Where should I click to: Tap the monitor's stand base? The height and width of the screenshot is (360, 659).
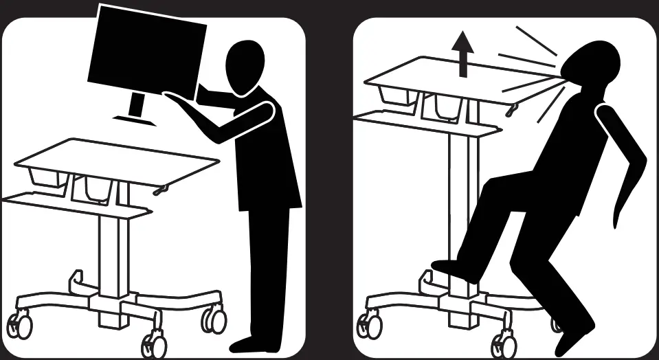135,119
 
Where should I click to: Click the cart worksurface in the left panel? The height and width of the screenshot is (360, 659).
117,159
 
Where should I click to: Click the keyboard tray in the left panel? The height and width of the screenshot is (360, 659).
76,204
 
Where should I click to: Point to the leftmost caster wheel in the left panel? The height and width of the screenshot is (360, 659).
21,322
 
